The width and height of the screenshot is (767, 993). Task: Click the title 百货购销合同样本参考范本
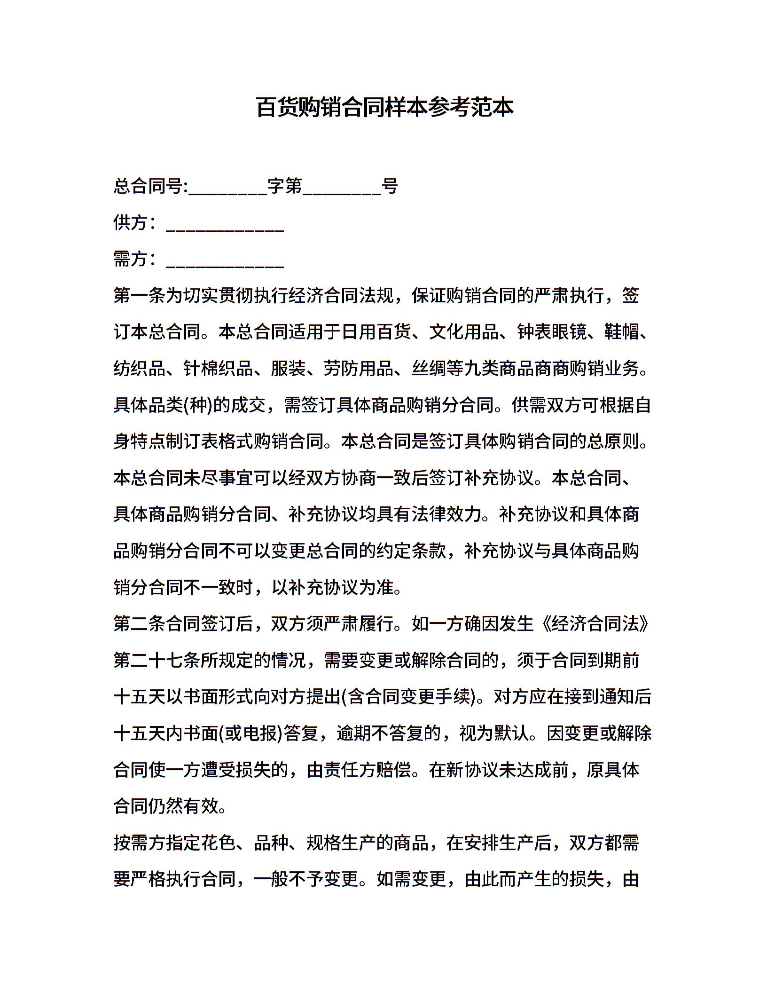(384, 107)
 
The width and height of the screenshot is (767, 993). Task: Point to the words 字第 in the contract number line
(285, 187)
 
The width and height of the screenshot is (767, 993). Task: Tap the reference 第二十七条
(157, 661)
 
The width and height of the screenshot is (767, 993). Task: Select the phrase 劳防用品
(359, 369)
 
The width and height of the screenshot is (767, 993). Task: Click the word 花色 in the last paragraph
(218, 843)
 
